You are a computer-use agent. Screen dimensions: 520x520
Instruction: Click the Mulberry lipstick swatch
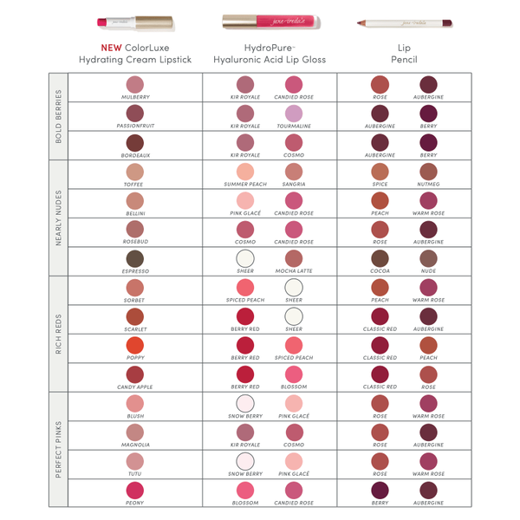coord(134,83)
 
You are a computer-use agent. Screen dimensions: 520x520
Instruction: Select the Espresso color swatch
coord(134,258)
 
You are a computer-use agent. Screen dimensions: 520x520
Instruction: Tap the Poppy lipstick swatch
coord(134,345)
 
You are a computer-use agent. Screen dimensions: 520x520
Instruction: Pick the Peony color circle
coord(134,490)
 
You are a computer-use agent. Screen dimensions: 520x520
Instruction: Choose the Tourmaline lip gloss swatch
coord(294,113)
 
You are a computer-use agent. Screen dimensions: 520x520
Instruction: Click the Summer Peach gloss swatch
coord(245,171)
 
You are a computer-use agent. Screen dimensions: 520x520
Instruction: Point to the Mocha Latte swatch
coord(294,258)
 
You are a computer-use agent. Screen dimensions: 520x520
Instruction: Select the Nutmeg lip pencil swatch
coord(428,171)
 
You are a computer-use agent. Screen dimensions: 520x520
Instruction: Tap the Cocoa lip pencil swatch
coord(380,258)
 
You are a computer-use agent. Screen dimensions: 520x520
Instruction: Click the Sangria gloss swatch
coord(294,171)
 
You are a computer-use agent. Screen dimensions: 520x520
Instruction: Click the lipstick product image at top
coord(134,21)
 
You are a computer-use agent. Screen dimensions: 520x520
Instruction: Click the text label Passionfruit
coord(134,127)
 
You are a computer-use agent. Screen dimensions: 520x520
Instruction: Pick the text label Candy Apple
coord(134,387)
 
